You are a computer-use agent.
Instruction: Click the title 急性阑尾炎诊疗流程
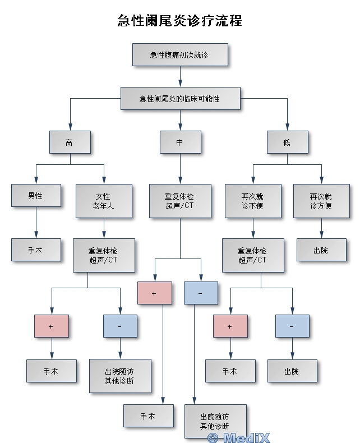click(179, 21)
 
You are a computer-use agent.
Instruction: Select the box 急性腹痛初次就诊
click(179, 55)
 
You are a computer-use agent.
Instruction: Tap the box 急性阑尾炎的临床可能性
click(179, 98)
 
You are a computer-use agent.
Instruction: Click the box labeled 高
click(69, 142)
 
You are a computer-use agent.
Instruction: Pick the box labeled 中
click(179, 142)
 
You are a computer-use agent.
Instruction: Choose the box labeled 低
click(287, 142)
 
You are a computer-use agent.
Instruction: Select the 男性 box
click(36, 196)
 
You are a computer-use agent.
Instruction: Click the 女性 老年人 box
click(103, 201)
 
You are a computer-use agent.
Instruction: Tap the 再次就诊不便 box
click(252, 201)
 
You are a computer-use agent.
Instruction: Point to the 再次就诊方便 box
click(321, 201)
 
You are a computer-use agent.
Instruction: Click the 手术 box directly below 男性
click(36, 250)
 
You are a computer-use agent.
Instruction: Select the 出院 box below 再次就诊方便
click(321, 250)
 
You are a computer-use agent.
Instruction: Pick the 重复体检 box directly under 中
click(179, 201)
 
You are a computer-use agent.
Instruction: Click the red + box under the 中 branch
click(154, 293)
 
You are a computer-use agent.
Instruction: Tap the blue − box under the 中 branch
click(200, 293)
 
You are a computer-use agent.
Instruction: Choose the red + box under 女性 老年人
click(51, 326)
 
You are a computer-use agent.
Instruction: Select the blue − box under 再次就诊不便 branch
click(292, 326)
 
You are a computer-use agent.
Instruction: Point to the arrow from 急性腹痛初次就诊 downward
click(180, 76)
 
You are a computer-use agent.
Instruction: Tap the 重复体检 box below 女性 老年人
click(103, 255)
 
